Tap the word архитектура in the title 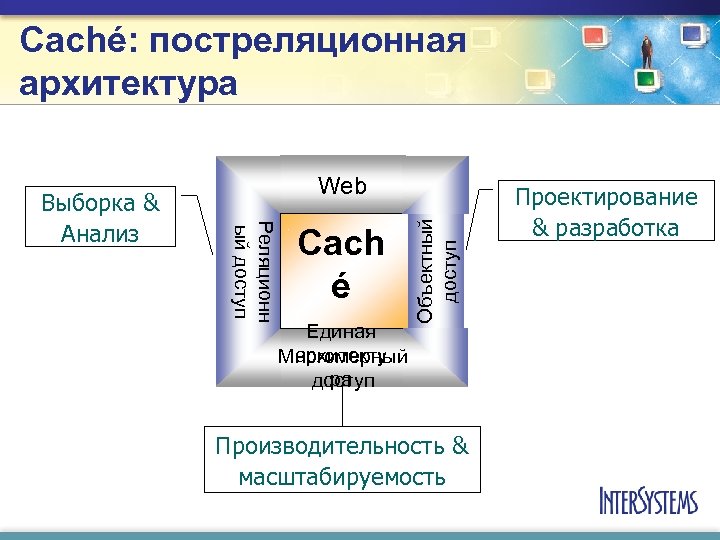pyautogui.click(x=128, y=82)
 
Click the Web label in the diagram pyautogui.click(x=342, y=185)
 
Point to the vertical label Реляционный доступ pyautogui.click(x=251, y=268)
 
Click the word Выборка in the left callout pyautogui.click(x=87, y=203)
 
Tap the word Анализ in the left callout pyautogui.click(x=100, y=234)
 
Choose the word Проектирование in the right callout pyautogui.click(x=605, y=198)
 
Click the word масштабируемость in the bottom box pyautogui.click(x=342, y=476)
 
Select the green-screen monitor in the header pyautogui.click(x=646, y=78)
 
